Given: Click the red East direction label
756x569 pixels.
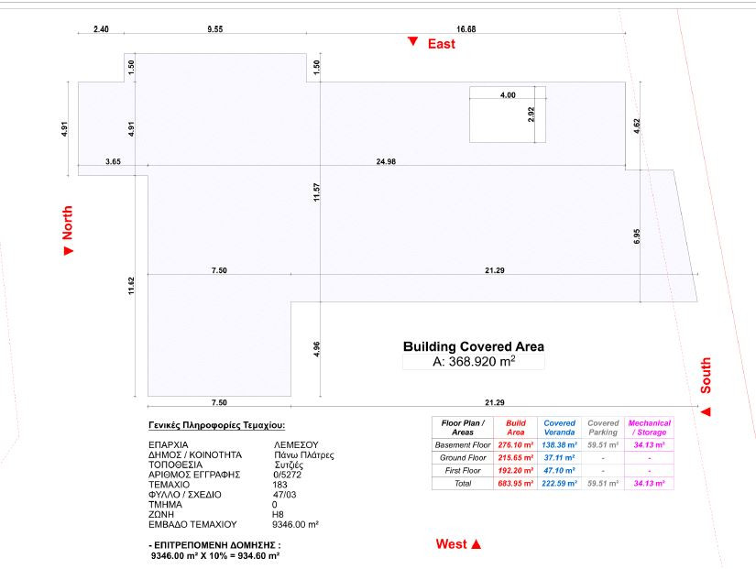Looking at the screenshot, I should [x=442, y=43].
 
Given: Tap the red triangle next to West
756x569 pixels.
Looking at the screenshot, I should [x=477, y=544].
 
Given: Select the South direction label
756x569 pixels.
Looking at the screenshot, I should [x=706, y=376].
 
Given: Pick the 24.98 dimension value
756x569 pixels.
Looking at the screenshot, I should [x=387, y=161].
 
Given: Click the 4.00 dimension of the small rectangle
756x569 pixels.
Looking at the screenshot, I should [x=508, y=94].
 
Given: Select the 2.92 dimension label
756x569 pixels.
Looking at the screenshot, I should [x=531, y=115].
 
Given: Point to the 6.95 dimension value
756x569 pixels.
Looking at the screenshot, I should [x=637, y=235].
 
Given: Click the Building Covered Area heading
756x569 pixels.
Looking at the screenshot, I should [x=474, y=346].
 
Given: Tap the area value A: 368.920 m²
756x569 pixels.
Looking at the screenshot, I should [x=474, y=362].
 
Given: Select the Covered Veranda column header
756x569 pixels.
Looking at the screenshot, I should [x=559, y=427].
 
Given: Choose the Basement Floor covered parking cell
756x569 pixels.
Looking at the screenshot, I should [x=603, y=443].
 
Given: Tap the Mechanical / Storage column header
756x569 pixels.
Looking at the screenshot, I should [x=650, y=427].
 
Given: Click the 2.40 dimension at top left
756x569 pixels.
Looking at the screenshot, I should [x=102, y=28].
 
